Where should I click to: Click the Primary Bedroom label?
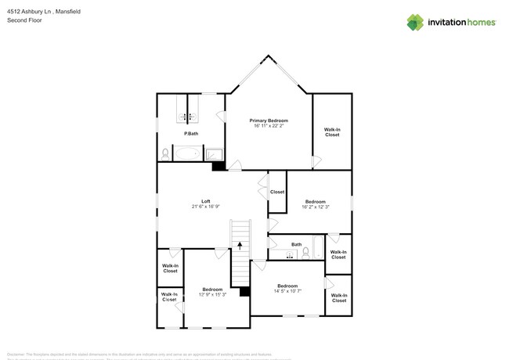269,121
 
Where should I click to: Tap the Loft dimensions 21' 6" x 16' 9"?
205,207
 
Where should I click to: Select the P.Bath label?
190,134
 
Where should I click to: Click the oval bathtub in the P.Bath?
188,153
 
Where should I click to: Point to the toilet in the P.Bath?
164,153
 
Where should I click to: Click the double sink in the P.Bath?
188,117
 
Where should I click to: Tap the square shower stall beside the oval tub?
215,154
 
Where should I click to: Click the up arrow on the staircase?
240,246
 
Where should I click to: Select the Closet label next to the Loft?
277,192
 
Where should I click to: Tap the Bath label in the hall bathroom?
296,244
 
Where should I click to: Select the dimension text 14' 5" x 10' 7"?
287,291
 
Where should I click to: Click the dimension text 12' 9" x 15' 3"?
212,294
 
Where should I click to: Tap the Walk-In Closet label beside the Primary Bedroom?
332,132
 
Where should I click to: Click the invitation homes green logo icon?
415,22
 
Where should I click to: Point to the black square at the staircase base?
244,292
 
